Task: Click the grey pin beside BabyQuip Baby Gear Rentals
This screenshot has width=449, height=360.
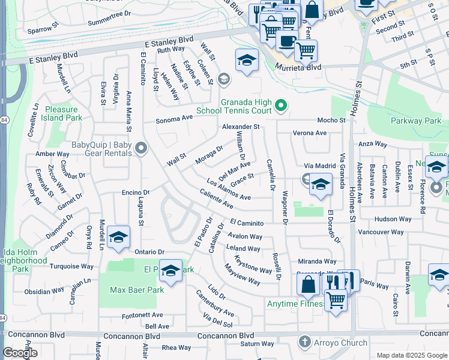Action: (141, 148)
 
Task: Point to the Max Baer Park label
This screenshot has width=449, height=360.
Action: (137, 290)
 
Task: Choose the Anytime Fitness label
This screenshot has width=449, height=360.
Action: (295, 304)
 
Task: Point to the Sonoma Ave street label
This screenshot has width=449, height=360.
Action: (174, 119)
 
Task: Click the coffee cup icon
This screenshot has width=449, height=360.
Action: (286, 43)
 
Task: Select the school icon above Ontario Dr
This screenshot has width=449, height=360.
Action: (119, 237)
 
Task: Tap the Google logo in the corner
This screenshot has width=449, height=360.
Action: (20, 353)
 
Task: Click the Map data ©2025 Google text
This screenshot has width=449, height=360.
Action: (411, 355)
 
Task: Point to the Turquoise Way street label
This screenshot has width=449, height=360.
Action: (71, 266)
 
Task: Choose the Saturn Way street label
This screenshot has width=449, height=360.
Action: (258, 344)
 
